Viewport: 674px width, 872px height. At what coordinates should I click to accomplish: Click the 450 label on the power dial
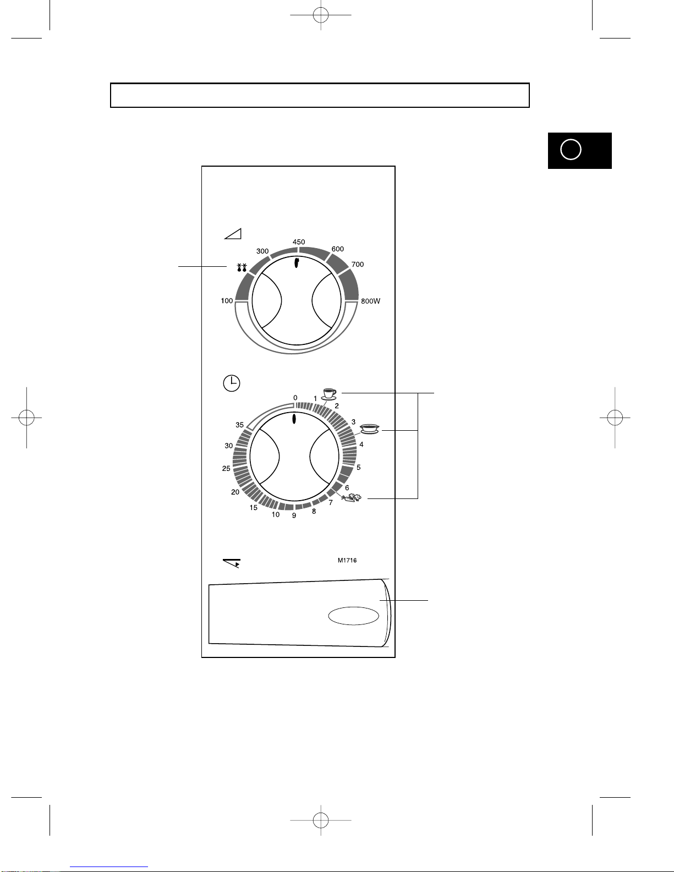299,242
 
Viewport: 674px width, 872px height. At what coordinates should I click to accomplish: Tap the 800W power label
370,301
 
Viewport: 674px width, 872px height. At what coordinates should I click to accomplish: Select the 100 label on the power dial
227,300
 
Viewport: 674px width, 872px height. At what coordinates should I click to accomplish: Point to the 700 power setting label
358,265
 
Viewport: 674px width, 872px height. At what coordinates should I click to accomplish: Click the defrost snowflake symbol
242,268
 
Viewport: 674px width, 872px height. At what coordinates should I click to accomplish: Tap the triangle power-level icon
233,234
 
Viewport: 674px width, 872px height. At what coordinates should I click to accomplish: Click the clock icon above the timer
232,383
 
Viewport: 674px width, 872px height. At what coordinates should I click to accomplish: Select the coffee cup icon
329,394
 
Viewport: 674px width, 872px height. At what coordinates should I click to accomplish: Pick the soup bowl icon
370,429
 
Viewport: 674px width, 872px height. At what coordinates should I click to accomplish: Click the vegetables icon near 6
352,498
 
